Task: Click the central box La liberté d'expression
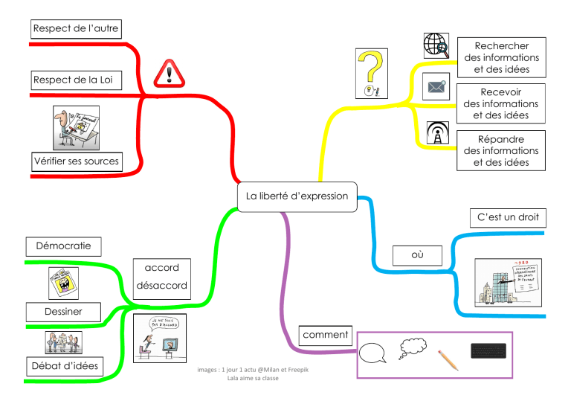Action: point(297,196)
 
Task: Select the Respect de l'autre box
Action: point(75,29)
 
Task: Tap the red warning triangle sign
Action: point(168,74)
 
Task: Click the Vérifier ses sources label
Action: point(76,161)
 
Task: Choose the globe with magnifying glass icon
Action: point(436,46)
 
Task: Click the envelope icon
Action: point(436,87)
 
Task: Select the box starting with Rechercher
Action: point(501,58)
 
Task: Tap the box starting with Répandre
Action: point(501,150)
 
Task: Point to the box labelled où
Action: point(417,255)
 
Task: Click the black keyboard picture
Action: point(488,350)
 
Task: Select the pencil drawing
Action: point(448,359)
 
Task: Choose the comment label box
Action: point(326,336)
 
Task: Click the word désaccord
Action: point(161,286)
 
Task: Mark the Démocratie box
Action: point(63,246)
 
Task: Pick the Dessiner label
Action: point(63,311)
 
